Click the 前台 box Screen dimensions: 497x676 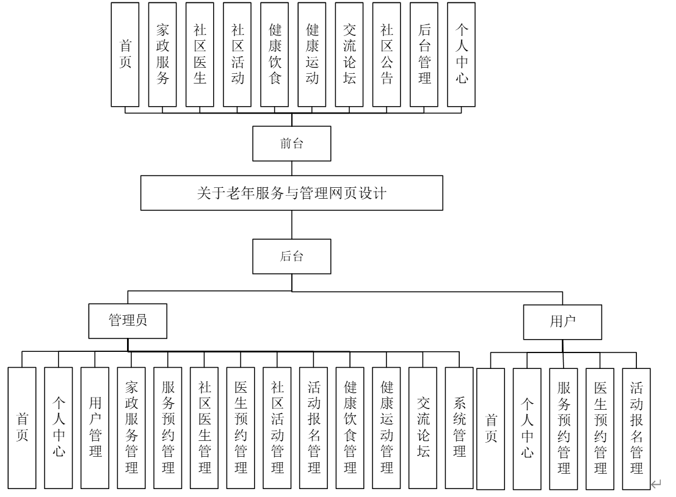pos(293,143)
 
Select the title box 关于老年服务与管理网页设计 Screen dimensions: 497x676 pos(293,193)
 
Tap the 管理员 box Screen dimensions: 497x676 pos(127,321)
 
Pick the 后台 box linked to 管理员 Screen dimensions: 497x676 pos(293,257)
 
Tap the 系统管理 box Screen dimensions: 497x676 pos(459,427)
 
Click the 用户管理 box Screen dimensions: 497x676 pos(95,427)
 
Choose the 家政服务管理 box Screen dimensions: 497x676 pos(131,427)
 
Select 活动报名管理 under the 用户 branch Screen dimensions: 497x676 pos(636,429)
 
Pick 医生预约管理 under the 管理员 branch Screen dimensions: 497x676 pos(241,427)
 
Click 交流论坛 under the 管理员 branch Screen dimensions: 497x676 pos(423,427)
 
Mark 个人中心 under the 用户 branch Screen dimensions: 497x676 pos(527,429)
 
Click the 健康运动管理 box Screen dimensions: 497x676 pos(386,427)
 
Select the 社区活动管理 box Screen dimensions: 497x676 pos(277,427)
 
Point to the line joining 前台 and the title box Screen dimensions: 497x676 pos(293,168)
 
